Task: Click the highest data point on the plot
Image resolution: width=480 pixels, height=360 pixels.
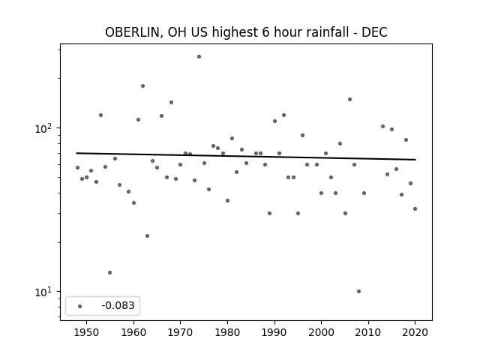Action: tap(199, 57)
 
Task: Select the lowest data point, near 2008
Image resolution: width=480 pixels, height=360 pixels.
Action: tap(358, 292)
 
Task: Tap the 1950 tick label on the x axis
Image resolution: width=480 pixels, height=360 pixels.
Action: tap(87, 332)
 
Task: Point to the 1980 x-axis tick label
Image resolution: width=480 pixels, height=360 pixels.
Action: tap(227, 332)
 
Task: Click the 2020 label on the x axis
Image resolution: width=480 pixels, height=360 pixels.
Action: tap(415, 332)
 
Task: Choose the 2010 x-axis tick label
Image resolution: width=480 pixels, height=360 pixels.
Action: tap(368, 332)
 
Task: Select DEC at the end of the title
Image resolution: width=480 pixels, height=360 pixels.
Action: tap(374, 32)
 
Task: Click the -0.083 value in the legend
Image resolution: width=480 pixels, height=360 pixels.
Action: tap(118, 305)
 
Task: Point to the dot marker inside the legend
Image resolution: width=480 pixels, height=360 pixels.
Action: tap(80, 306)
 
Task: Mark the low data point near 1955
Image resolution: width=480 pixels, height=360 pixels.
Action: tap(110, 272)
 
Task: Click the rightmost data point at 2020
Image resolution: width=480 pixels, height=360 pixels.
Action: tap(415, 208)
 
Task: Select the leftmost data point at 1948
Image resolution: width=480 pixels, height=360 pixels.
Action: tap(77, 167)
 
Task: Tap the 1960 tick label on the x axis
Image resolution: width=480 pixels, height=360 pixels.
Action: tap(133, 332)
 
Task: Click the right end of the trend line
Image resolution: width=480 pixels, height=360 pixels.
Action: tap(415, 160)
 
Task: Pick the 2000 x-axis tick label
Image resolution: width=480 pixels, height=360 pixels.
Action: tap(322, 332)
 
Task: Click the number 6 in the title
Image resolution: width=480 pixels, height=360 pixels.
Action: tap(265, 32)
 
